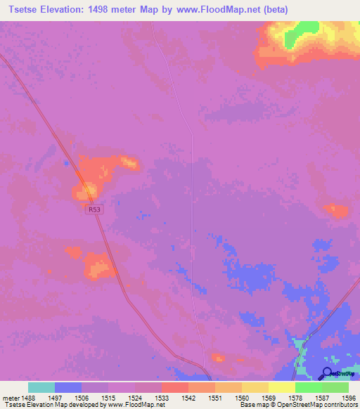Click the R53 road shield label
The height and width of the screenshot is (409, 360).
point(94,209)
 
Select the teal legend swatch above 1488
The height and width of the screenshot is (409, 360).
point(41,387)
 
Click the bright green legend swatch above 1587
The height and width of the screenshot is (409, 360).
point(309,387)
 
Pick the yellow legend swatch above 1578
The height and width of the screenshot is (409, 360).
point(282,387)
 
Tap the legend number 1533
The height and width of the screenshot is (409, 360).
point(162,398)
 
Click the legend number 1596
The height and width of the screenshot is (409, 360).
point(349,398)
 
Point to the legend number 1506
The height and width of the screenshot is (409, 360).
point(82,398)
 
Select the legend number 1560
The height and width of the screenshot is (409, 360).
point(242,398)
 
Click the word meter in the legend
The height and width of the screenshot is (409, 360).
point(11,398)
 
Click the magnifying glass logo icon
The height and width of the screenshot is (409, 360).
point(327,372)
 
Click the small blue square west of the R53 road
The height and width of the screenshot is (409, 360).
point(66,163)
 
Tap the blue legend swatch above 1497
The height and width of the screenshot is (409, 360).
point(68,387)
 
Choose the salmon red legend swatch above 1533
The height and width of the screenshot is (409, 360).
point(175,387)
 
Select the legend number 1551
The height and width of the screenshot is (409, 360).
point(215,398)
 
